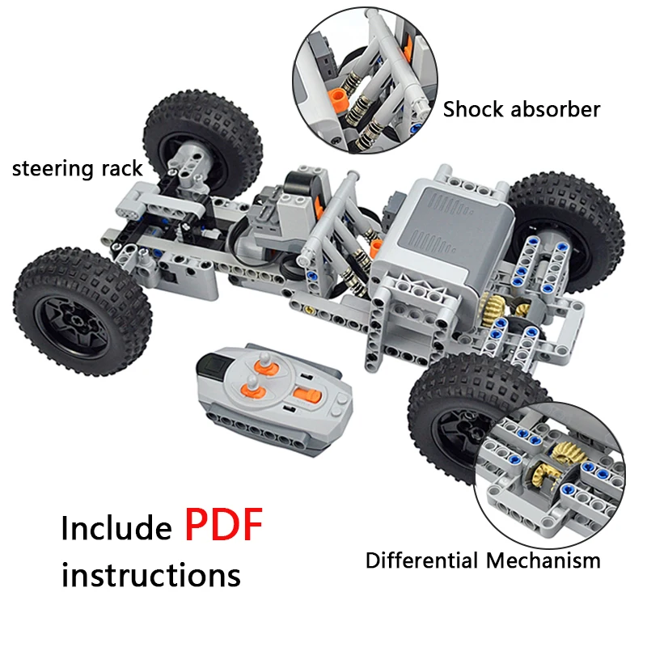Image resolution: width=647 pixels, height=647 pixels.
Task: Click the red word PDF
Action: (224, 525)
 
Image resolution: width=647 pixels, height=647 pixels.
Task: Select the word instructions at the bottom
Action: (151, 575)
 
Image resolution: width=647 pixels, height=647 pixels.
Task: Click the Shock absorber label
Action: (522, 109)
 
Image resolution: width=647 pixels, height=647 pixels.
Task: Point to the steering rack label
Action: (77, 169)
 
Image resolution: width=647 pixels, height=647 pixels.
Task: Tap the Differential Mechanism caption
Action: (483, 560)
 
